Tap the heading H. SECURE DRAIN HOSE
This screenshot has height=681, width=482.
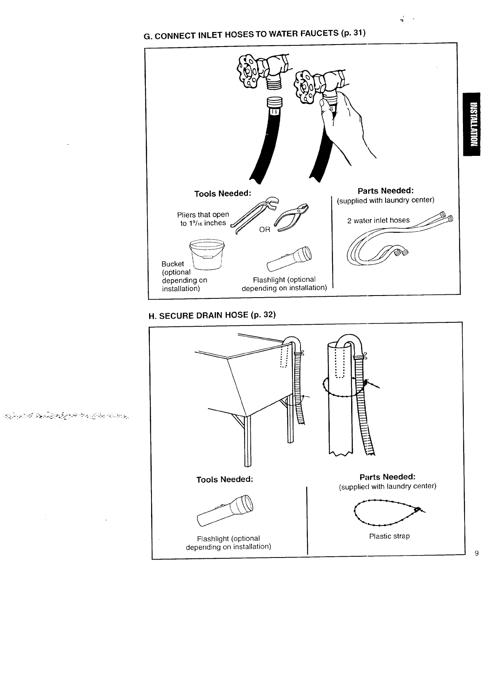click(212, 315)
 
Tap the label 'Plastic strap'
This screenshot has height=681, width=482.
click(389, 536)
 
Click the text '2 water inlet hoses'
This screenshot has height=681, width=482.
click(378, 220)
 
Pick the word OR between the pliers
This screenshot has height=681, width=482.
click(264, 230)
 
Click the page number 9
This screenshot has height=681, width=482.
click(477, 553)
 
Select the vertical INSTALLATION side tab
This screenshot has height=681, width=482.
click(472, 124)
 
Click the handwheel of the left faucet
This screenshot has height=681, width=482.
click(249, 72)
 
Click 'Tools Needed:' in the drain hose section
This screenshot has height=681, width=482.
click(224, 479)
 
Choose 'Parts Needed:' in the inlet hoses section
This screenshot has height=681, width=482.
click(385, 190)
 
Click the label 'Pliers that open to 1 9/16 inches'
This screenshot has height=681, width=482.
click(203, 219)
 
